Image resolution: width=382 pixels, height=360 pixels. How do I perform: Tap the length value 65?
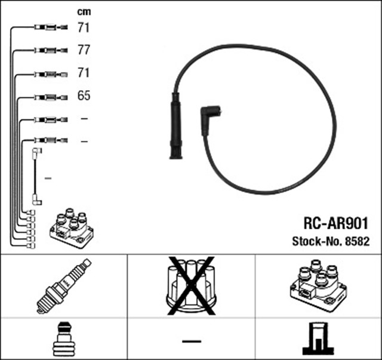pos(84,96)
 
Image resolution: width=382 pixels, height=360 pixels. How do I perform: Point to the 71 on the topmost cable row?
pos(84,27)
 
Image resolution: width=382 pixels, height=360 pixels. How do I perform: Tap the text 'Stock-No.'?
pos(316,242)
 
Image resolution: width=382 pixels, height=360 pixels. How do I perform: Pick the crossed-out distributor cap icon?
pos(191,285)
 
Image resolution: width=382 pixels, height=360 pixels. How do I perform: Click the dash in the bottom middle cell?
pos(191,341)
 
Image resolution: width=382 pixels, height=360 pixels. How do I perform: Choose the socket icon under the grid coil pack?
pos(319,339)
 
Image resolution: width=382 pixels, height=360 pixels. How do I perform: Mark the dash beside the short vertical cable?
pos(48,178)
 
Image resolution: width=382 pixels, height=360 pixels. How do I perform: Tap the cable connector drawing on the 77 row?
pos(51,50)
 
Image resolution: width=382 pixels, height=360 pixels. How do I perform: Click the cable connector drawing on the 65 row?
pos(51,96)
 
